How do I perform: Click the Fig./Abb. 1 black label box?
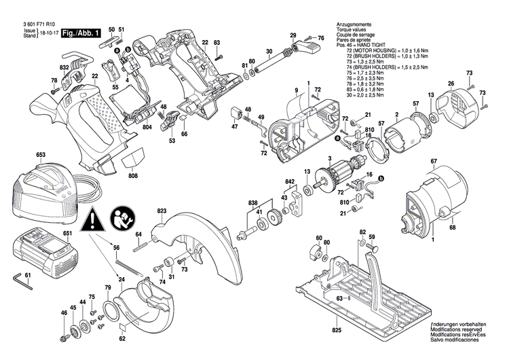[x=81, y=33]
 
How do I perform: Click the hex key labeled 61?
[x=19, y=280]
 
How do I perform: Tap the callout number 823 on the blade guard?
[x=162, y=211]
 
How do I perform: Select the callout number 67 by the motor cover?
[x=433, y=161]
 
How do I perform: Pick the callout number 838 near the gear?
[x=253, y=204]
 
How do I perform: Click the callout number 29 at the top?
[x=293, y=35]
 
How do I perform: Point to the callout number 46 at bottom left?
[x=64, y=313]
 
